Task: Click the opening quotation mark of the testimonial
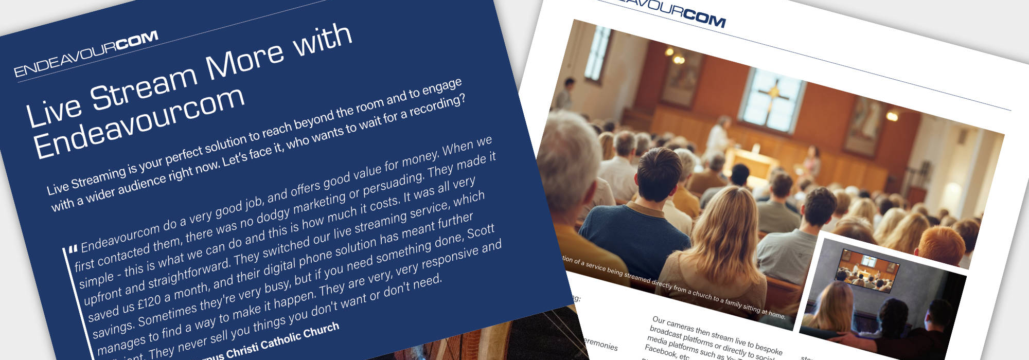click(x=73, y=249)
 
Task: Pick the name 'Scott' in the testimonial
click(x=481, y=232)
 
